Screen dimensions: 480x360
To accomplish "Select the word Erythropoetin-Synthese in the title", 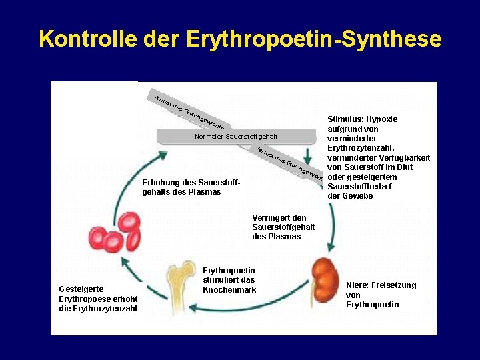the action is coord(314,39).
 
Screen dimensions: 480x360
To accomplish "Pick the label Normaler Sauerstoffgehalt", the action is coord(235,137).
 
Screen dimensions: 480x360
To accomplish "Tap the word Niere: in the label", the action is coord(358,285).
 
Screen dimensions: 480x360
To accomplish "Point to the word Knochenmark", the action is coord(229,290).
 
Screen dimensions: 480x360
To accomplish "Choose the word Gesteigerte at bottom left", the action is coord(81,289).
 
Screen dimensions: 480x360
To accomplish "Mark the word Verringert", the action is coord(271,217).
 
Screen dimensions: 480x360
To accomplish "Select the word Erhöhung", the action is coord(161,183).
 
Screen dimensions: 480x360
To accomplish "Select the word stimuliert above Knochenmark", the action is coord(219,280).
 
